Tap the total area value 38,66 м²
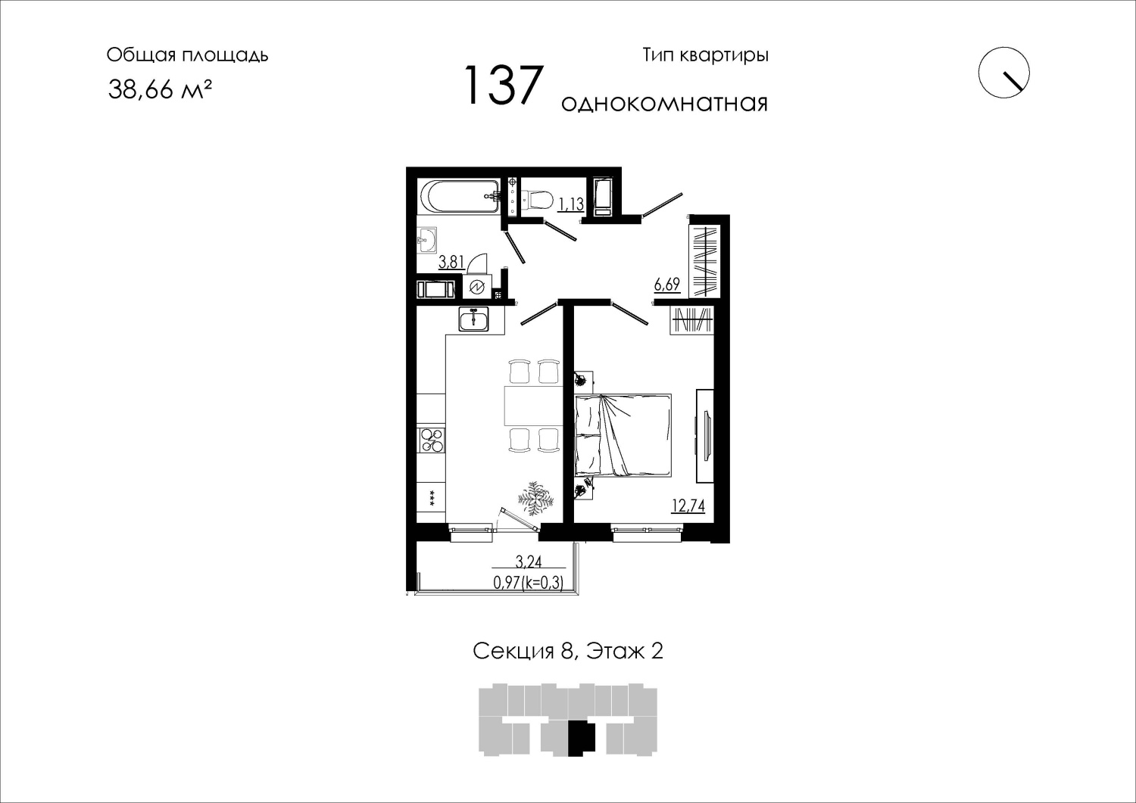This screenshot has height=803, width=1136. [159, 90]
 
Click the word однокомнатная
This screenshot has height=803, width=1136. [664, 104]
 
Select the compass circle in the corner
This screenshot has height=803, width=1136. [1003, 73]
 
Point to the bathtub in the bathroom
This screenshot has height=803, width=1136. [460, 198]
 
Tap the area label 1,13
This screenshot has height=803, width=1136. [571, 204]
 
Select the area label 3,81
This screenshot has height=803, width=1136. [451, 262]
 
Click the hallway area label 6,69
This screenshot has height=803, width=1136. [667, 285]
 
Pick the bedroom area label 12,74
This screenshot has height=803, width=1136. [688, 506]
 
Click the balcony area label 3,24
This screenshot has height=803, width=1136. [529, 561]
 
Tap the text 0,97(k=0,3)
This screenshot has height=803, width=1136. [529, 583]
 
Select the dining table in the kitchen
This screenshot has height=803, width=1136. [533, 406]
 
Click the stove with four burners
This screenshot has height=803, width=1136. [432, 440]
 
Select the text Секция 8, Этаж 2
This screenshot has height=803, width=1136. [568, 651]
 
